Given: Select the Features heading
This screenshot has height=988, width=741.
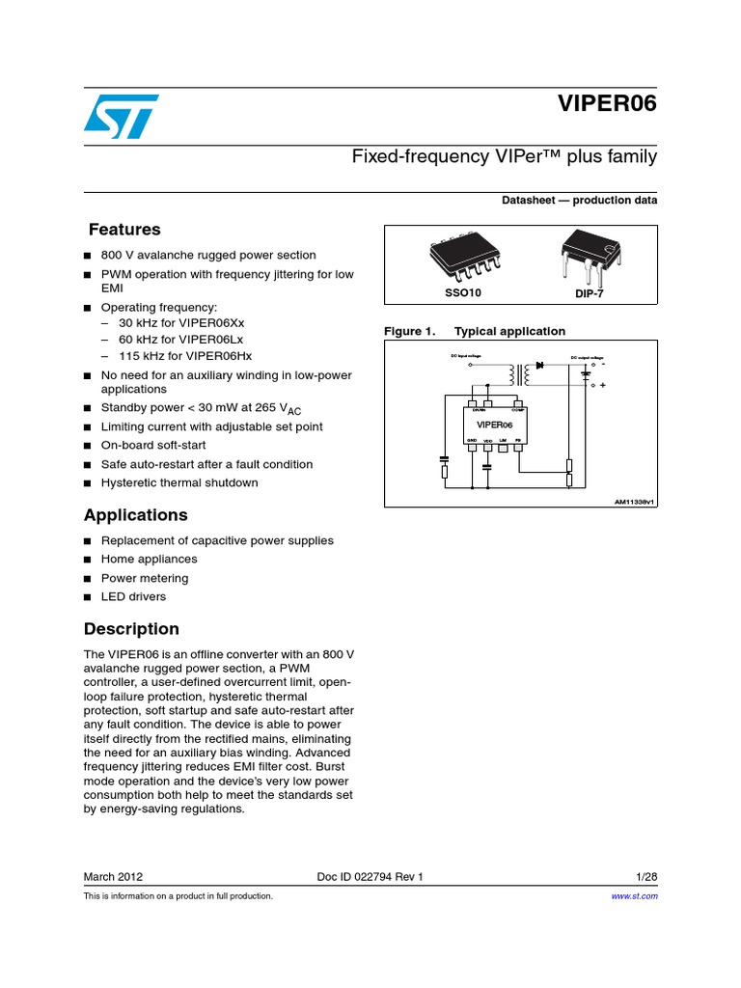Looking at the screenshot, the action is [x=124, y=230].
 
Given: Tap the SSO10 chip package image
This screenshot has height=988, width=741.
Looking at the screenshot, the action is [x=463, y=258].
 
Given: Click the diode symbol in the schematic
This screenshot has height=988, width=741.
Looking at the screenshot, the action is [x=541, y=366].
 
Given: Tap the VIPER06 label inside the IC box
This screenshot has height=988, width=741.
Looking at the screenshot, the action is [x=495, y=425].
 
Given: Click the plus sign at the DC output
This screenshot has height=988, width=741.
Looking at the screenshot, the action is [x=603, y=386].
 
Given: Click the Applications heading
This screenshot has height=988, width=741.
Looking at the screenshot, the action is [x=135, y=515].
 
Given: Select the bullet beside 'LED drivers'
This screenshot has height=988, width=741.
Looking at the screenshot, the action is [x=88, y=597].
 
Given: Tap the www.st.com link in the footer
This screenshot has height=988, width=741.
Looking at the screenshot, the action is [x=635, y=896].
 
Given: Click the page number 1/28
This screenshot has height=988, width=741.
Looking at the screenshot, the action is [x=646, y=876].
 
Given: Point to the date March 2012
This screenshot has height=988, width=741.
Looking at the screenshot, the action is [x=114, y=876].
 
